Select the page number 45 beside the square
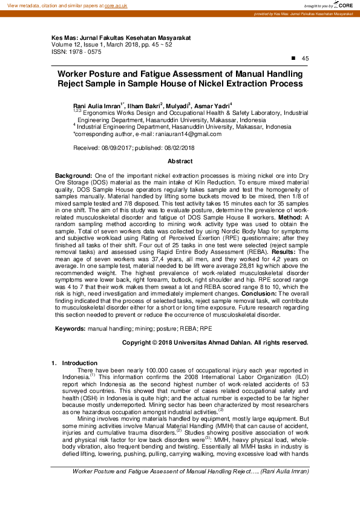pyautogui.click(x=305, y=58)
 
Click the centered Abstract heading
pyautogui.click(x=180, y=161)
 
